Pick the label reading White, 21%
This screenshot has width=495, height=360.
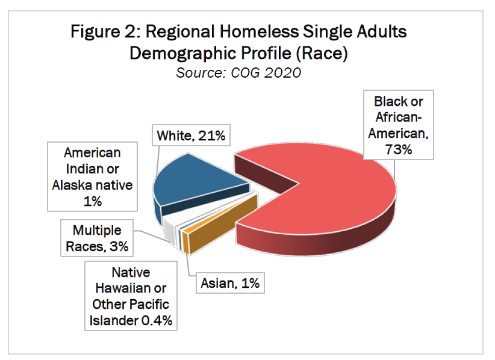pyautogui.click(x=191, y=136)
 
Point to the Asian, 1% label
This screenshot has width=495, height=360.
pyautogui.click(x=229, y=282)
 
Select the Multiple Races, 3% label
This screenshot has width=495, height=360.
pyautogui.click(x=97, y=238)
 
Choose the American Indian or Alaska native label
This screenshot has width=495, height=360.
pyautogui.click(x=92, y=177)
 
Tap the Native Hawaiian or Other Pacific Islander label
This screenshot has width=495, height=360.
pyautogui.click(x=131, y=297)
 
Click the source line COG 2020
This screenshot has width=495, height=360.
pyautogui.click(x=238, y=73)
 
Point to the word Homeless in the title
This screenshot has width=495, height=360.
pyautogui.click(x=279, y=31)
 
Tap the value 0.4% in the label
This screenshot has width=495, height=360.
pyautogui.click(x=157, y=320)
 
